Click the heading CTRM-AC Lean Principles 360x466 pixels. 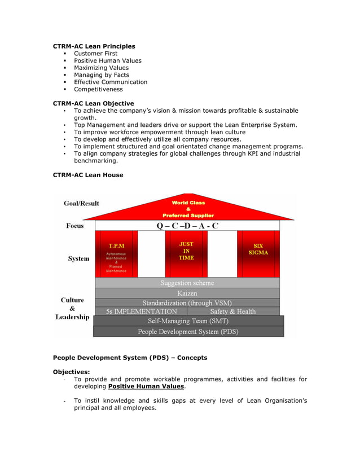click(94, 46)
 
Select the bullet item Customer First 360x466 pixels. click(95, 54)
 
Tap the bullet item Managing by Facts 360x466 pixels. click(101, 75)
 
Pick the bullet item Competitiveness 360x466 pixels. click(98, 89)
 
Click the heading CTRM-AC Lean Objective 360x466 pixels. click(93, 104)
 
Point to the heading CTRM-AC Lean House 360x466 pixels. click(87, 175)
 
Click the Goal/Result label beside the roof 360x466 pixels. click(81, 203)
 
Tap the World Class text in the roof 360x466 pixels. click(188, 203)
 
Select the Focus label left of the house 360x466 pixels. click(74, 226)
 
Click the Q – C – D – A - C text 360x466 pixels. click(187, 226)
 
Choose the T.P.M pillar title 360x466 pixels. click(116, 246)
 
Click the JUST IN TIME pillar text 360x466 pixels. click(186, 251)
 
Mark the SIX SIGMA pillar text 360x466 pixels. click(258, 249)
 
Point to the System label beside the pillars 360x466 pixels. click(78, 258)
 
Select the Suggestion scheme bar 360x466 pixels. click(187, 283)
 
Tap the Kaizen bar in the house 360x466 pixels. click(187, 293)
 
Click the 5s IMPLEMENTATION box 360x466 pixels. click(142, 311)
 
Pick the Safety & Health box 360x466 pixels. click(232, 311)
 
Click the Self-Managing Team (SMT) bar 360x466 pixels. click(188, 320)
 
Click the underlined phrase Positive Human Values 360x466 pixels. click(146, 386)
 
